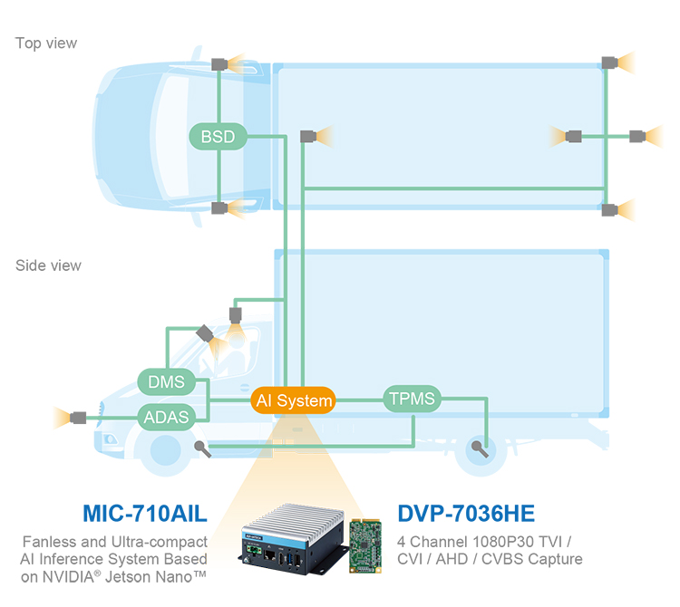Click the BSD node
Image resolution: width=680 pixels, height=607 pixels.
point(218,137)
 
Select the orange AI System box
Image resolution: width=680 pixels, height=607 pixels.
point(293,400)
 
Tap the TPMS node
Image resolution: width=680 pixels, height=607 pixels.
point(412,399)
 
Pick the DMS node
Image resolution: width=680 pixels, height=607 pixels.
point(166,381)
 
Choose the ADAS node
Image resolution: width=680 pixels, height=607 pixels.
point(166,417)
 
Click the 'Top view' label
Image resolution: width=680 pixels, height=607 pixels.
point(46,43)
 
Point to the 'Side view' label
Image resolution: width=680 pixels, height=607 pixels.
point(48,265)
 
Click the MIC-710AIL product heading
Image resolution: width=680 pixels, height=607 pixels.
point(145,514)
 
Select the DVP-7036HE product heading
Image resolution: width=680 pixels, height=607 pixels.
point(466,514)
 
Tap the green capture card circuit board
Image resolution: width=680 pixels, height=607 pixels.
point(365,545)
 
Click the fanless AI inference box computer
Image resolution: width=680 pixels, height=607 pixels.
point(293,540)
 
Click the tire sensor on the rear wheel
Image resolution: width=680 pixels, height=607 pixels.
point(480,448)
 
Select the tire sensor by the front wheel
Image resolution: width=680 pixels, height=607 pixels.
point(203,449)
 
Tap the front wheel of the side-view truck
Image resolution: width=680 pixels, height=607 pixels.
point(165,450)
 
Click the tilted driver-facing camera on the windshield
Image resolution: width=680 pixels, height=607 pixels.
point(205,333)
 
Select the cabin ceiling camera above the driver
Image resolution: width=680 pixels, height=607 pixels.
point(236,315)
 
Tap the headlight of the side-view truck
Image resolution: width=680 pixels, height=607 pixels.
point(110,439)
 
